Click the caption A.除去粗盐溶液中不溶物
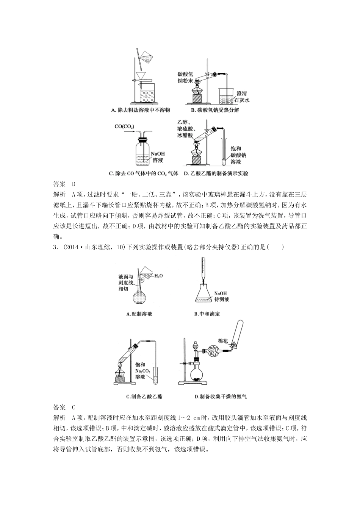[x=140, y=110]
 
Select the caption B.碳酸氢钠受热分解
[x=215, y=110]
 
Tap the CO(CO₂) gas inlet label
[x=124, y=126]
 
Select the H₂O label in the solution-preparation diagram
[x=158, y=276]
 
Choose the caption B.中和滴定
[x=207, y=314]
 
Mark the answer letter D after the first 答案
[x=74, y=184]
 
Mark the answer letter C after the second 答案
[x=74, y=407]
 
